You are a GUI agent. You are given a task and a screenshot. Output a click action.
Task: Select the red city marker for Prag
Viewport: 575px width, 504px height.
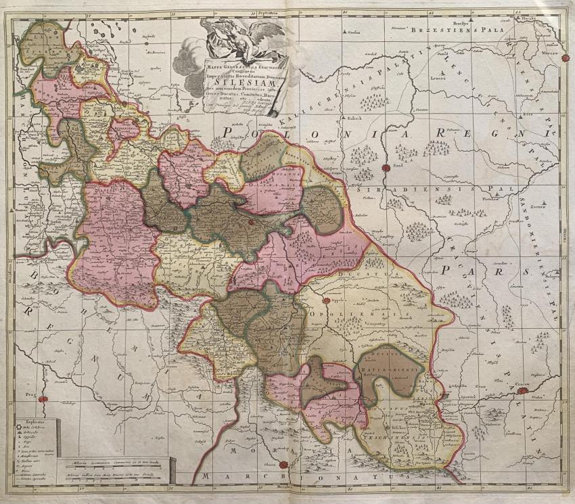pos(43,400)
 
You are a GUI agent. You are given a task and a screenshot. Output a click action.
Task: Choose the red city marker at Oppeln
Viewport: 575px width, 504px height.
pos(325,301)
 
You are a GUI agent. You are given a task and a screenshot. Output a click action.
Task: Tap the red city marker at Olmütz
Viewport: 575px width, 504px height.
pos(283,465)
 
